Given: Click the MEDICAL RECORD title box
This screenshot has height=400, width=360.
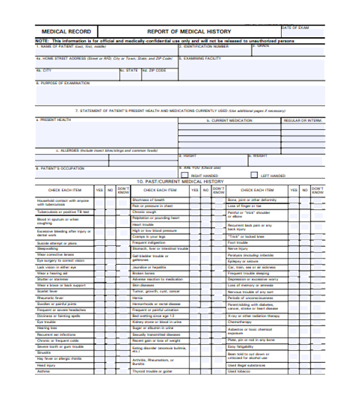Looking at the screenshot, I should coord(66,32).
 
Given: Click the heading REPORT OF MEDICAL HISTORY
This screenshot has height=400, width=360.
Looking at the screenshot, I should coord(189,32).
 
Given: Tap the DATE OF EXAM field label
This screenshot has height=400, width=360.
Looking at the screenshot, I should coord(295,28).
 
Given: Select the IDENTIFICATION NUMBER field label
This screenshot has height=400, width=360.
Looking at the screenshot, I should coord(204,46).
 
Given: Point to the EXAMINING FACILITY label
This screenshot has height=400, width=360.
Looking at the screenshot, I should coord(200,58).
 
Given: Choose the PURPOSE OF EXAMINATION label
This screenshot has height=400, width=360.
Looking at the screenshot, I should coord(63,83).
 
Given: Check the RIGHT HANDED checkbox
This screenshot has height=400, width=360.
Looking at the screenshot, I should coord(184,175).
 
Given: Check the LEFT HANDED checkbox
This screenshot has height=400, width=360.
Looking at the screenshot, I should coord(254,175).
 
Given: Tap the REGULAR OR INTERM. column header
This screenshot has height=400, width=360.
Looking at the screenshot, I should coord(303,120).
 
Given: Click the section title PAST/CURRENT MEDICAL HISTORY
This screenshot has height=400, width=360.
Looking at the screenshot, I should coord(179,181).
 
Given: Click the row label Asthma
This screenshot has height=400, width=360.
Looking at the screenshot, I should coord(43,371).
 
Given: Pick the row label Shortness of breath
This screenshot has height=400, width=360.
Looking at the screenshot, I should coord(148,200).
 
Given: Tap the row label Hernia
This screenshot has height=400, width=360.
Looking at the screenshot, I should coord(138,298).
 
